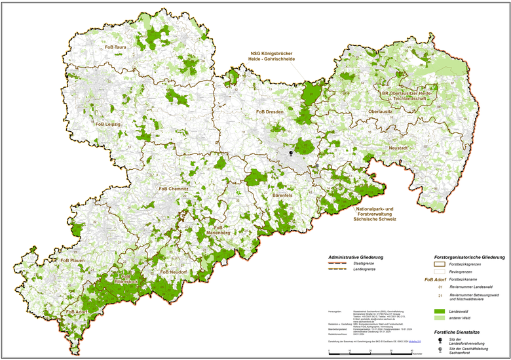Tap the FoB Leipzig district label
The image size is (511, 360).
pyautogui.click(x=108, y=124)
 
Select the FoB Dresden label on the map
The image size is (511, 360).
pyautogui.click(x=269, y=112)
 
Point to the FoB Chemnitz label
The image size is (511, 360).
pyautogui.click(x=174, y=189)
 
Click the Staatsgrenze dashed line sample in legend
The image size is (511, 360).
pyautogui.click(x=341, y=263)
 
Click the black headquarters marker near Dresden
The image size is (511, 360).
pyautogui.click(x=292, y=152)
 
